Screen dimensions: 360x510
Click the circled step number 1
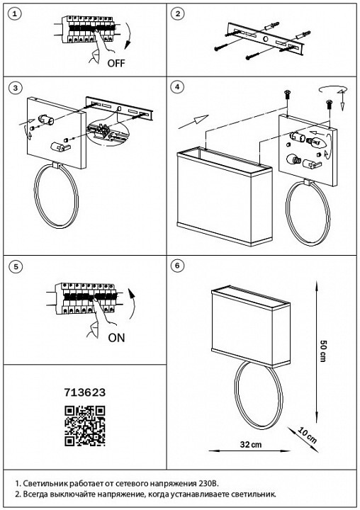tap(14, 14)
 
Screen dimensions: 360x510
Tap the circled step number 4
tap(177, 87)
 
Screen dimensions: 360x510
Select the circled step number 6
tap(177, 266)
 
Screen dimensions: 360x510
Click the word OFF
tap(116, 63)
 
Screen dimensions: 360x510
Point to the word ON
tap(116, 338)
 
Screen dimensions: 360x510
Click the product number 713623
tap(85, 392)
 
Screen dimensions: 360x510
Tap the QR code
tap(85, 426)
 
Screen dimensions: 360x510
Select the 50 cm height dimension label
tap(323, 351)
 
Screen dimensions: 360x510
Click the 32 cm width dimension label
tap(251, 444)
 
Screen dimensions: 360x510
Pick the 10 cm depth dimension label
tap(307, 436)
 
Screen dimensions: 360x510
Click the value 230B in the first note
tap(208, 483)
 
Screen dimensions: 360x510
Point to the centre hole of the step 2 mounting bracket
tap(266, 40)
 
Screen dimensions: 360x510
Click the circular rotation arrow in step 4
tap(332, 90)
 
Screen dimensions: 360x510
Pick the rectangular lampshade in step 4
tap(225, 196)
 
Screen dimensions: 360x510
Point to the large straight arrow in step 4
tap(193, 122)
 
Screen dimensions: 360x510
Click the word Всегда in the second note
tap(35, 494)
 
